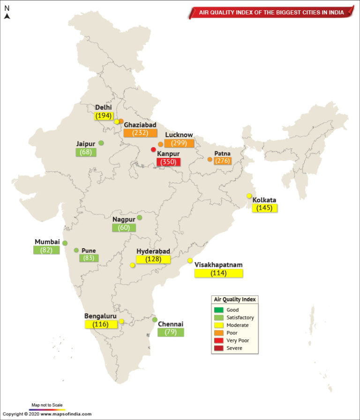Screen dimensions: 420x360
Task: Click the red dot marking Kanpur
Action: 153,150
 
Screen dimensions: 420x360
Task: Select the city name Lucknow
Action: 179,135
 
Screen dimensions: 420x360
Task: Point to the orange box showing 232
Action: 140,133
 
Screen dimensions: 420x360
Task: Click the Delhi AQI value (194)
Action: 103,116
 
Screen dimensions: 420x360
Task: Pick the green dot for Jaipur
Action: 101,143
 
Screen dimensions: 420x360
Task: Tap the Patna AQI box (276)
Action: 222,161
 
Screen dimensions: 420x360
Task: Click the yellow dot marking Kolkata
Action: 249,196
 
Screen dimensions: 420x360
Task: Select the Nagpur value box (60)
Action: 124,228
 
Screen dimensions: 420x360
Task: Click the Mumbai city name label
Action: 47,242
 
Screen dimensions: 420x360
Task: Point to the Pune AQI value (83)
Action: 89,258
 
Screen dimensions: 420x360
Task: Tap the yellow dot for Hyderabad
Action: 133,265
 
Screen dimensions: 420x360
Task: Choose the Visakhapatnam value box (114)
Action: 218,273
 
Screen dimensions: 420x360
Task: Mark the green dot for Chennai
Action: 155,320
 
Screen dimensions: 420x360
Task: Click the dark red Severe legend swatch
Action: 219,348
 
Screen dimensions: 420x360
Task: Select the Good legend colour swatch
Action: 219,310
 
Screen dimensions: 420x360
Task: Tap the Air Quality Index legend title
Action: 235,300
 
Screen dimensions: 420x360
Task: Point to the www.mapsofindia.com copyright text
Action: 66,414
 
